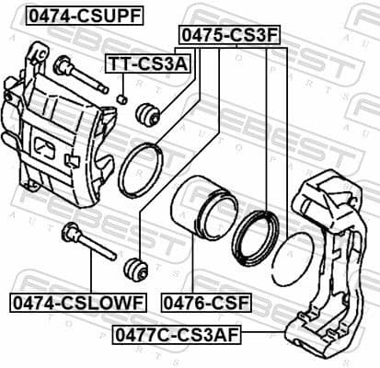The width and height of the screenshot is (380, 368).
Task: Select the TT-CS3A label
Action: [147, 63]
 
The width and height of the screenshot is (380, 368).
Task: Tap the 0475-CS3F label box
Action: [228, 35]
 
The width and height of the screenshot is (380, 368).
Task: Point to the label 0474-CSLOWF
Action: [77, 300]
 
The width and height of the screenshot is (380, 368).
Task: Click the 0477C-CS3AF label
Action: [175, 336]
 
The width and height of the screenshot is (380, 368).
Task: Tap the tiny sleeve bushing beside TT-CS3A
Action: [121, 98]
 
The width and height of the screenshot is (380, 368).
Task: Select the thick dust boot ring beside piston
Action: [254, 234]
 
